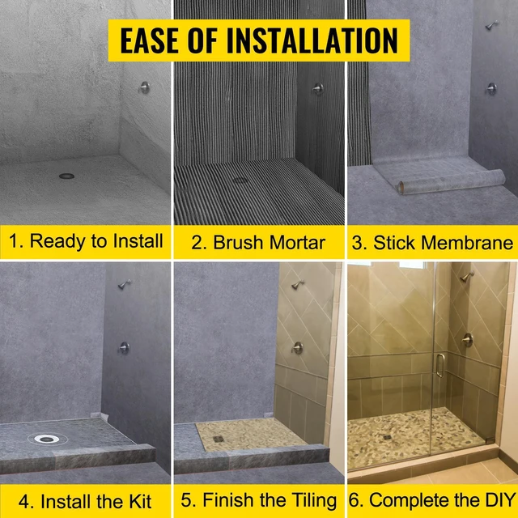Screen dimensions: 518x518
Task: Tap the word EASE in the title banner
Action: pyautogui.click(x=150, y=40)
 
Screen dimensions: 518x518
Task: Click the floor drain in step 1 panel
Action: pyautogui.click(x=66, y=176)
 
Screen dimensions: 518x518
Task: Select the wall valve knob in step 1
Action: pyautogui.click(x=144, y=87)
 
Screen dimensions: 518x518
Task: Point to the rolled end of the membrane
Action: pyautogui.click(x=401, y=188)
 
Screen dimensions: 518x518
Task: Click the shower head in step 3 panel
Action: pyautogui.click(x=492, y=25)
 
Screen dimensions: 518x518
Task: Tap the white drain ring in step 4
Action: pyautogui.click(x=47, y=439)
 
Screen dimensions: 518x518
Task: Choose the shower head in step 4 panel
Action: pyautogui.click(x=125, y=284)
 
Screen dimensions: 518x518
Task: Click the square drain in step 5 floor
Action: pyautogui.click(x=219, y=439)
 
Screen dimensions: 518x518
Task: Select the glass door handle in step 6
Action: pyautogui.click(x=439, y=365)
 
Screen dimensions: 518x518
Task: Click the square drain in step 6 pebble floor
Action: pyautogui.click(x=388, y=437)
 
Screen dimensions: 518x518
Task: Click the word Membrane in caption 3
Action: pyautogui.click(x=467, y=243)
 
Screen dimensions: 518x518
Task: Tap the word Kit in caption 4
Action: pyautogui.click(x=140, y=502)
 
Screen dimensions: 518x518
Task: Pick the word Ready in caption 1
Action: pyautogui.click(x=57, y=241)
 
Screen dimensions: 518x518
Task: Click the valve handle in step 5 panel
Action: pyautogui.click(x=297, y=348)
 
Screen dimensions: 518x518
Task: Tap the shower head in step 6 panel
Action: pyautogui.click(x=467, y=276)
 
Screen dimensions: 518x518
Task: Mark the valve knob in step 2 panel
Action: pyautogui.click(x=318, y=88)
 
